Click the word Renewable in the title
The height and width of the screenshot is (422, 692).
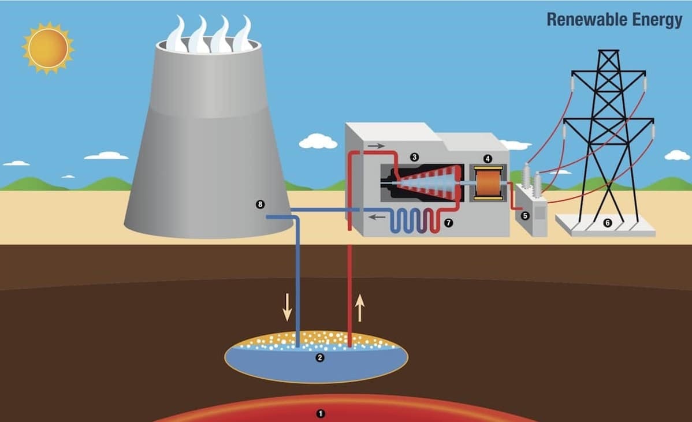pos(583,20)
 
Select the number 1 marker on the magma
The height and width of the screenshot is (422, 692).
pos(321,413)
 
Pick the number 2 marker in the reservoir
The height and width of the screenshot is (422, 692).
pos(319,358)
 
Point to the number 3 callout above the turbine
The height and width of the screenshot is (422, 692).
pos(414,157)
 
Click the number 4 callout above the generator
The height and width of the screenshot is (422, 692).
pos(488,158)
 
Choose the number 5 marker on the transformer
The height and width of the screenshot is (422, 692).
pos(525,216)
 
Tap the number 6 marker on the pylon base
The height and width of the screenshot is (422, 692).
pos(607,223)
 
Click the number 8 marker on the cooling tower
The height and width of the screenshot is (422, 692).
pos(260,204)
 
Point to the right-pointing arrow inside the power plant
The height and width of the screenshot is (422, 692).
pos(375,146)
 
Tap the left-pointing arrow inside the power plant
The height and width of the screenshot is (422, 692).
pos(377,217)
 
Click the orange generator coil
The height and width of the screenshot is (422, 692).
pos(488,182)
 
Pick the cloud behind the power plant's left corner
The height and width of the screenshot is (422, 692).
pos(318,141)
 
